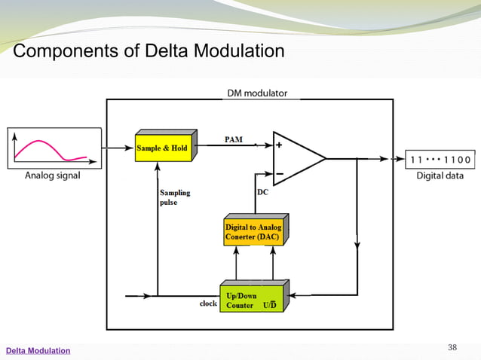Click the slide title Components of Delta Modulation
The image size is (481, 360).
[149, 51]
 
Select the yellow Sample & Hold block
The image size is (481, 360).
[163, 148]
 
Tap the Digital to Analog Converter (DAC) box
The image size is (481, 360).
[253, 231]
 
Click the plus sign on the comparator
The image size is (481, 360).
[279, 146]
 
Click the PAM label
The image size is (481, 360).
[234, 139]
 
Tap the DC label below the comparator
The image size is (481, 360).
[263, 192]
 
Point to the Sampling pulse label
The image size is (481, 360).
[175, 197]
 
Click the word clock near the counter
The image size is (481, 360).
[208, 304]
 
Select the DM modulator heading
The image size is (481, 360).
[257, 93]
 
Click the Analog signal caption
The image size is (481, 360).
[53, 176]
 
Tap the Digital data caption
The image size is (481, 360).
[441, 176]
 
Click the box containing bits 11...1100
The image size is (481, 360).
[440, 159]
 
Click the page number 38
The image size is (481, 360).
[452, 346]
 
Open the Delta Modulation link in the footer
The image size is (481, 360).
[38, 351]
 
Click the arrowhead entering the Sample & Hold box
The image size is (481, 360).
[130, 148]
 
